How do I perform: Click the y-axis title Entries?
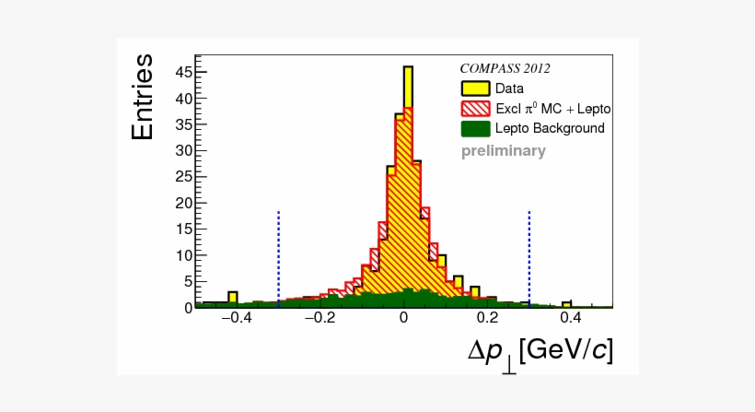click(143, 97)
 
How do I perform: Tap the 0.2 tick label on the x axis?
click(487, 318)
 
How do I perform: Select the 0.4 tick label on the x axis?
click(571, 318)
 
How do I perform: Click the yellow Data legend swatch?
click(475, 89)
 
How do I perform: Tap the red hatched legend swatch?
click(475, 109)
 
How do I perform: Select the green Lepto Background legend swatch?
click(475, 128)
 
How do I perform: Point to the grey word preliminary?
click(504, 151)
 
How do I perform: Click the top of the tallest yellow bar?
click(408, 67)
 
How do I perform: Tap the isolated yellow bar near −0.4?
click(233, 297)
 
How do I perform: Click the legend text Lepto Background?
click(550, 128)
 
